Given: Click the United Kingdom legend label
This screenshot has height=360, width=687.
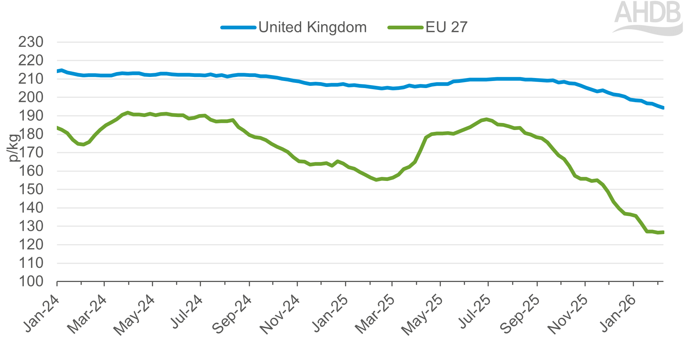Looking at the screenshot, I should (x=312, y=27).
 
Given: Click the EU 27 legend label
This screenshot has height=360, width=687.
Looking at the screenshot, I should (x=446, y=27).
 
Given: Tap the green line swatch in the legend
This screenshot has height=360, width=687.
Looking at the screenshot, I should (x=405, y=27).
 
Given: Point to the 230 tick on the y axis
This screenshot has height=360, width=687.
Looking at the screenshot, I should (x=31, y=42).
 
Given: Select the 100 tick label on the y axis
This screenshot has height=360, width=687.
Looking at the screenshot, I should (x=31, y=281).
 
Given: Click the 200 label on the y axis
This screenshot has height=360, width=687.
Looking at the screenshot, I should (x=31, y=97).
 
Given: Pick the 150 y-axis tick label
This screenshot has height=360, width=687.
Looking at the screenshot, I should (x=31, y=189).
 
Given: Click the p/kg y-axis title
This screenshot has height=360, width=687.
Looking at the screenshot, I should (x=13, y=148).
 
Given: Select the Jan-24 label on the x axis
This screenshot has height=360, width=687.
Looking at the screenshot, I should (x=42, y=313).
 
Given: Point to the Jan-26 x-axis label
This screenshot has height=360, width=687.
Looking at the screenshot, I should (x=618, y=313).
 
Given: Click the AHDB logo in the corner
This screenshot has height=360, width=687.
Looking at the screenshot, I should (x=648, y=17).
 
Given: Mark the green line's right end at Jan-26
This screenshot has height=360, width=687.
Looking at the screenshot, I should (x=663, y=233).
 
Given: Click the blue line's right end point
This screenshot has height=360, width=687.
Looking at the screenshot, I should (x=663, y=108).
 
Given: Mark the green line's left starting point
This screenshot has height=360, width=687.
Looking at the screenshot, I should (x=58, y=128).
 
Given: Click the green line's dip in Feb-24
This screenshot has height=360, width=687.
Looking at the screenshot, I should (x=83, y=145).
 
